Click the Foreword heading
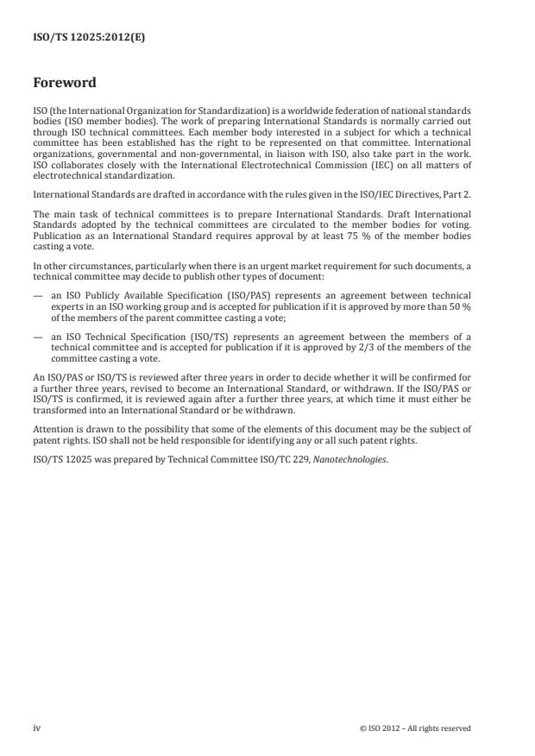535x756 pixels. click(64, 84)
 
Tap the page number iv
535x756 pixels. click(37, 728)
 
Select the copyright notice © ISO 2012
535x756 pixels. click(415, 728)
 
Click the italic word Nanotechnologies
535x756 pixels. click(358, 458)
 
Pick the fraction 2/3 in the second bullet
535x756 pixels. click(362, 347)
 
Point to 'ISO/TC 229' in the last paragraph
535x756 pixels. click(294, 458)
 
